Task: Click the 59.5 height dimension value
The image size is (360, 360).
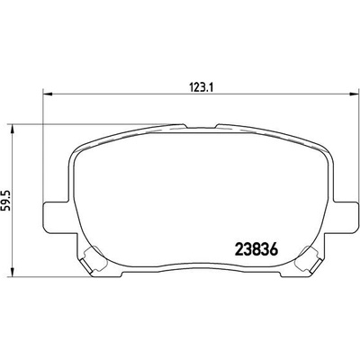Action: [6, 200]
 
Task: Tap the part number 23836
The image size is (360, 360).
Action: [256, 248]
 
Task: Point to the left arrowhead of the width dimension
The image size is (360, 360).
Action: [48, 94]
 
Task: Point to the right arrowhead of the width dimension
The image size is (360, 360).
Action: [354, 94]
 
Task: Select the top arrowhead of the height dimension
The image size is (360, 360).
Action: [12, 129]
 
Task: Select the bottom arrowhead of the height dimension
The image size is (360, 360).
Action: [12, 273]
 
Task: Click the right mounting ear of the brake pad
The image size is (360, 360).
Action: [343, 217]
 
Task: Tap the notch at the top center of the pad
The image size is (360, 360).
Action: [201, 126]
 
